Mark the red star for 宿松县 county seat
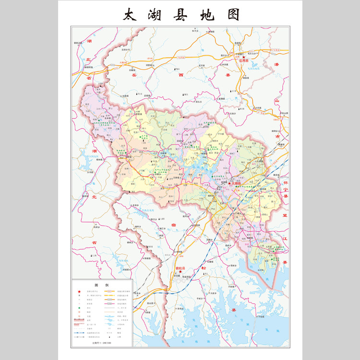tap(180, 272)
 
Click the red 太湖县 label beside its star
tap(237, 183)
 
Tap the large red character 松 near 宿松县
tap(204, 268)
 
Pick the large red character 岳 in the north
tap(134, 75)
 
